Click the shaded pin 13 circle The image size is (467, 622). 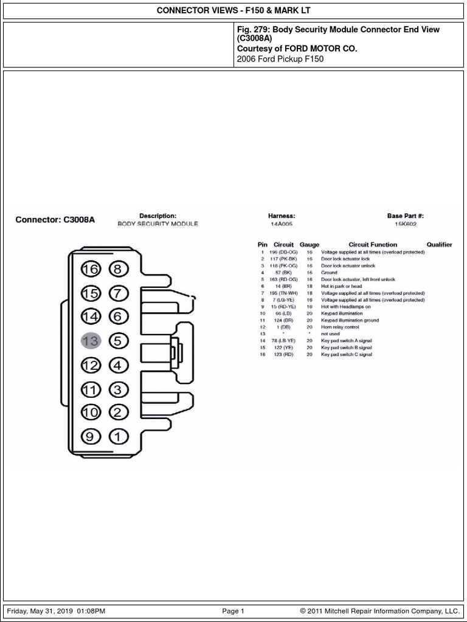(90, 341)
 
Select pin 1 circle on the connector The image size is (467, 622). (118, 436)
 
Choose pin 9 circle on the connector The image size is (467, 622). (90, 436)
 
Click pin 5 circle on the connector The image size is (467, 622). (118, 341)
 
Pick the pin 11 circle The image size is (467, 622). (90, 389)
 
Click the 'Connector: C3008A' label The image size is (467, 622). (55, 220)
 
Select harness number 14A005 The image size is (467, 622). (281, 224)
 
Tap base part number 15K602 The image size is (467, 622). (406, 224)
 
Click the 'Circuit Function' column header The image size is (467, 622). (373, 245)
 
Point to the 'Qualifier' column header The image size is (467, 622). (439, 245)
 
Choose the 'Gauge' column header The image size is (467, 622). (310, 245)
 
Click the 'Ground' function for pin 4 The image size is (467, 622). (329, 273)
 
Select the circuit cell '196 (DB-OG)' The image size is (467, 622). (283, 252)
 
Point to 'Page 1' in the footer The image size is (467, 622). (233, 611)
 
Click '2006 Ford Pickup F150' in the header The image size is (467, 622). (280, 60)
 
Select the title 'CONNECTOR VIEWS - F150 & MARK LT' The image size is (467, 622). (233, 11)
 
